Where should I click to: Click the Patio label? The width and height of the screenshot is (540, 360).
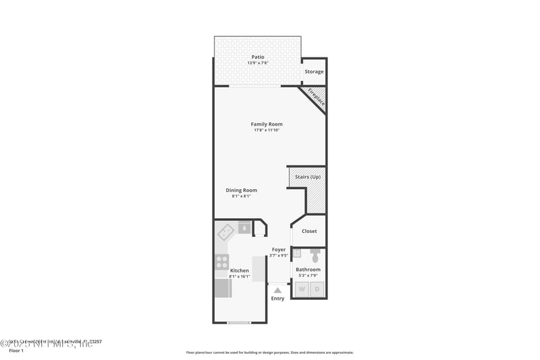point(257,57)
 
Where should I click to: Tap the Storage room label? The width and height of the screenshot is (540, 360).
point(314,72)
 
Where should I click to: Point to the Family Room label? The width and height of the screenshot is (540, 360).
point(267,124)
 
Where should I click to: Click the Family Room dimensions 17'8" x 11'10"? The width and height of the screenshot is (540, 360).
point(267,130)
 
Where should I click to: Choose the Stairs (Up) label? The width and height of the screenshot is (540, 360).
point(308,177)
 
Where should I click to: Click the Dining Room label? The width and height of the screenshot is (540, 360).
point(241,190)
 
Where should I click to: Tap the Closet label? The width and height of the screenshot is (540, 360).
point(309,231)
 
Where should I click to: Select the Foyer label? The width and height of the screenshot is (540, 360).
point(279,250)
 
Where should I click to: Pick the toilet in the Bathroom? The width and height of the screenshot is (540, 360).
point(315,257)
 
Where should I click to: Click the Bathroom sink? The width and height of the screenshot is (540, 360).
point(296,253)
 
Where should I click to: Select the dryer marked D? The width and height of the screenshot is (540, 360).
point(317,290)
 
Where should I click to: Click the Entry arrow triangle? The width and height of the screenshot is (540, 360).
point(277,290)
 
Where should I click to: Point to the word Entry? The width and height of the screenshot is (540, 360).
point(277,299)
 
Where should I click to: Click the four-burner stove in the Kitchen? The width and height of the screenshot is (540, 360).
point(221,261)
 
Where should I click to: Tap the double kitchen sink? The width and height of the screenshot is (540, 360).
point(225,232)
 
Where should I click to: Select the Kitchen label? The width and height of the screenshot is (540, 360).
point(240,271)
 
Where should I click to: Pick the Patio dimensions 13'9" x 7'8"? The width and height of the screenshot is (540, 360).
point(257,63)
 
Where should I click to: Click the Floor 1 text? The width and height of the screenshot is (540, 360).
point(16,351)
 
